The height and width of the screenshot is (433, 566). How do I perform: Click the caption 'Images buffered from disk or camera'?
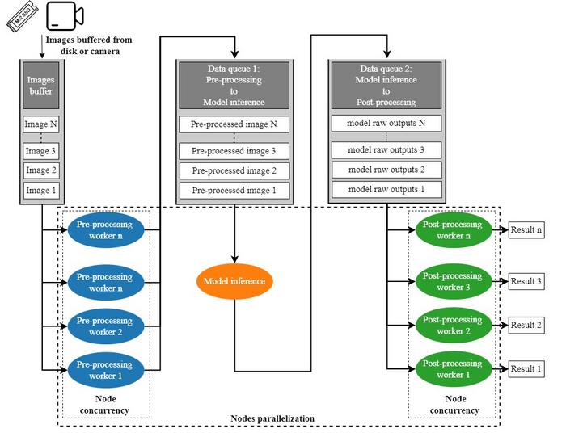[88, 45]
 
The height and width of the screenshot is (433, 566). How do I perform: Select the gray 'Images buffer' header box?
[40, 86]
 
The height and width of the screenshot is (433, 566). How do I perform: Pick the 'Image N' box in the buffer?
[40, 125]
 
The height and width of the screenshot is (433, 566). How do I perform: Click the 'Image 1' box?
[40, 190]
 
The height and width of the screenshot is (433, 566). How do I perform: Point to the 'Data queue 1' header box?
[233, 86]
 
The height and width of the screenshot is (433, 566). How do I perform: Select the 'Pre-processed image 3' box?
[233, 151]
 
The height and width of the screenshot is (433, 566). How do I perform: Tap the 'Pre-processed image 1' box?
[233, 190]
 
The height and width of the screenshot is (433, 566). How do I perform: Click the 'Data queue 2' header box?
[386, 86]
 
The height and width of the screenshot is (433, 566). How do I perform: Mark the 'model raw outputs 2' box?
[386, 170]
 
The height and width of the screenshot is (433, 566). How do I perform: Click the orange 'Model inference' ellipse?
[234, 281]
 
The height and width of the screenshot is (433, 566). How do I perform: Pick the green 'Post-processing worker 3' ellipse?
[452, 281]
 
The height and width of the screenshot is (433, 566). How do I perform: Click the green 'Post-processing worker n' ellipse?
[452, 229]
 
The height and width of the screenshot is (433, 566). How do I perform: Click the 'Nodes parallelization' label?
[272, 418]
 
